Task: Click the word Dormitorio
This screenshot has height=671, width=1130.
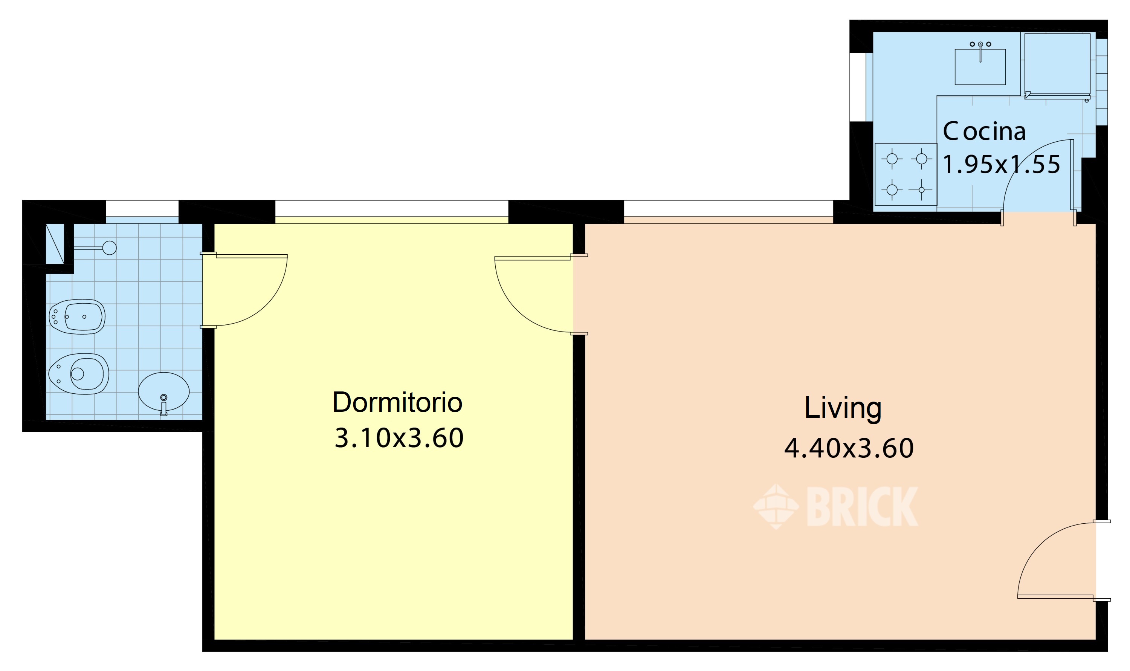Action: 397,402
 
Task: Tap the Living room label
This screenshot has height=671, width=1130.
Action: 843,409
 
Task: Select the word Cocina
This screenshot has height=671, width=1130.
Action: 983,131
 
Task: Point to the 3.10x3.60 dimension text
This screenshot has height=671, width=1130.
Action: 399,438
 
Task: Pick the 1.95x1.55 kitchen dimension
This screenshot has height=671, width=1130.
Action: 1001,164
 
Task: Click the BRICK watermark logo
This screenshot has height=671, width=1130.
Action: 835,506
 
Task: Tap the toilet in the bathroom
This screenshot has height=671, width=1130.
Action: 79,374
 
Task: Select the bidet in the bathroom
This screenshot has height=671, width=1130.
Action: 77,316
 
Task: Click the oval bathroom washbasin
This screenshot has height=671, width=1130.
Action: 163,391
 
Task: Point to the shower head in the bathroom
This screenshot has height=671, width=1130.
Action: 109,248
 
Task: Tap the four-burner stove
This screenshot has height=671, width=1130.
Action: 906,174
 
